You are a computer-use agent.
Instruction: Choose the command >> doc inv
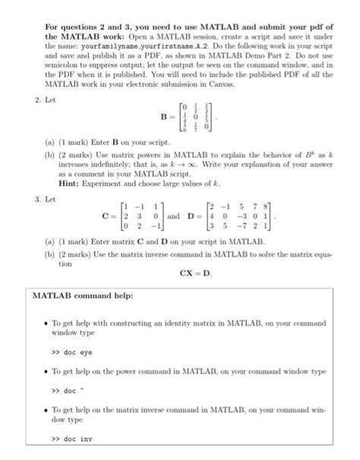(x=70, y=439)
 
